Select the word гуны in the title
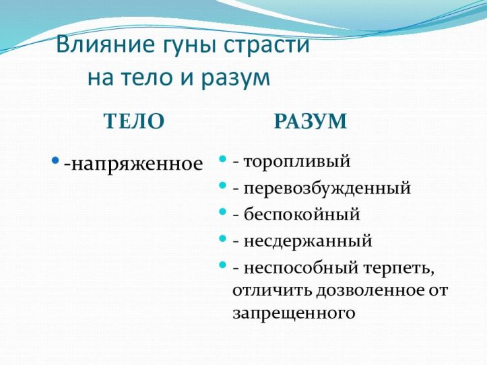pyautogui.click(x=182, y=46)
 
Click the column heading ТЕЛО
pyautogui.click(x=133, y=121)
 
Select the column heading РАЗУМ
pyautogui.click(x=311, y=121)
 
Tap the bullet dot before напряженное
pyautogui.click(x=57, y=161)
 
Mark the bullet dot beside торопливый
pyautogui.click(x=223, y=160)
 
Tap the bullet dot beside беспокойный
pyautogui.click(x=223, y=213)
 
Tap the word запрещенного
pyautogui.click(x=294, y=313)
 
